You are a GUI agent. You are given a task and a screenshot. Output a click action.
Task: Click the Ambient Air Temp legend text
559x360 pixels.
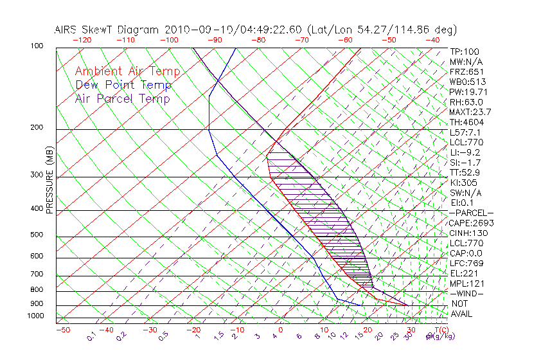click(x=127, y=71)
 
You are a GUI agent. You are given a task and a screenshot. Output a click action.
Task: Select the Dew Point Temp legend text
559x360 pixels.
click(x=123, y=85)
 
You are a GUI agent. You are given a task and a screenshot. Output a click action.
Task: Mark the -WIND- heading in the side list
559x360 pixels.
click(x=467, y=294)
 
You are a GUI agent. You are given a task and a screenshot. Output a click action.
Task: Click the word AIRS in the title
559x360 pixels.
click(x=66, y=30)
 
